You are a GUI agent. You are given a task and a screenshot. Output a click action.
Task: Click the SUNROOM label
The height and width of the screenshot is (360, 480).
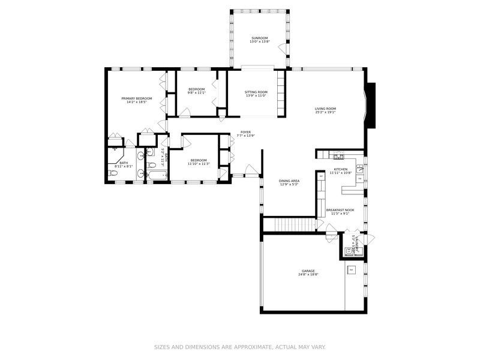point(259,38)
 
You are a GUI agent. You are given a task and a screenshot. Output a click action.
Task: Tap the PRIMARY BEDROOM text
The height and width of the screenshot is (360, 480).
point(137,98)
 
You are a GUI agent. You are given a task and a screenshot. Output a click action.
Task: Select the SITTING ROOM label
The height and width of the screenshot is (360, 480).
point(256,92)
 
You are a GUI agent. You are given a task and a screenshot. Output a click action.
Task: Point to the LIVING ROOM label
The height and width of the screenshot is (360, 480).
point(325,109)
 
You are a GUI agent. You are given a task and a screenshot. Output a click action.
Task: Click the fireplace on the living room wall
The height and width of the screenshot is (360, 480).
point(371,106)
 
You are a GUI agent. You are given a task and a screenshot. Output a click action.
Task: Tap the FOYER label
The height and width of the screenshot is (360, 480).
point(245,132)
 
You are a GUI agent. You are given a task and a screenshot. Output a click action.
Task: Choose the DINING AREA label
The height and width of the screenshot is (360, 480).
point(289,181)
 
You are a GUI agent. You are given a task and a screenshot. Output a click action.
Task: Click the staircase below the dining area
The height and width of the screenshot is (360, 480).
point(290,225)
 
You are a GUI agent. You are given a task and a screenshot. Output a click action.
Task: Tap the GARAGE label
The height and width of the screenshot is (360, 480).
point(308,271)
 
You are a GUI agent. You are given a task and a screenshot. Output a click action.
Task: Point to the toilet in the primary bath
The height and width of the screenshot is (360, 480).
point(112,174)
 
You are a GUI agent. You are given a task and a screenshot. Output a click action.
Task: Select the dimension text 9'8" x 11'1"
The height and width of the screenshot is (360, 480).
point(197,93)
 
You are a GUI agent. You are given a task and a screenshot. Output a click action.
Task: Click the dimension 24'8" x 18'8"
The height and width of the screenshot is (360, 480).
point(308,274)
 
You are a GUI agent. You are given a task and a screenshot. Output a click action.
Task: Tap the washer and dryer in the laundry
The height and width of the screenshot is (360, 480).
point(352,252)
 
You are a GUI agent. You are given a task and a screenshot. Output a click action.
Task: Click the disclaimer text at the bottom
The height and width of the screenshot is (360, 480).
point(240,347)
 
